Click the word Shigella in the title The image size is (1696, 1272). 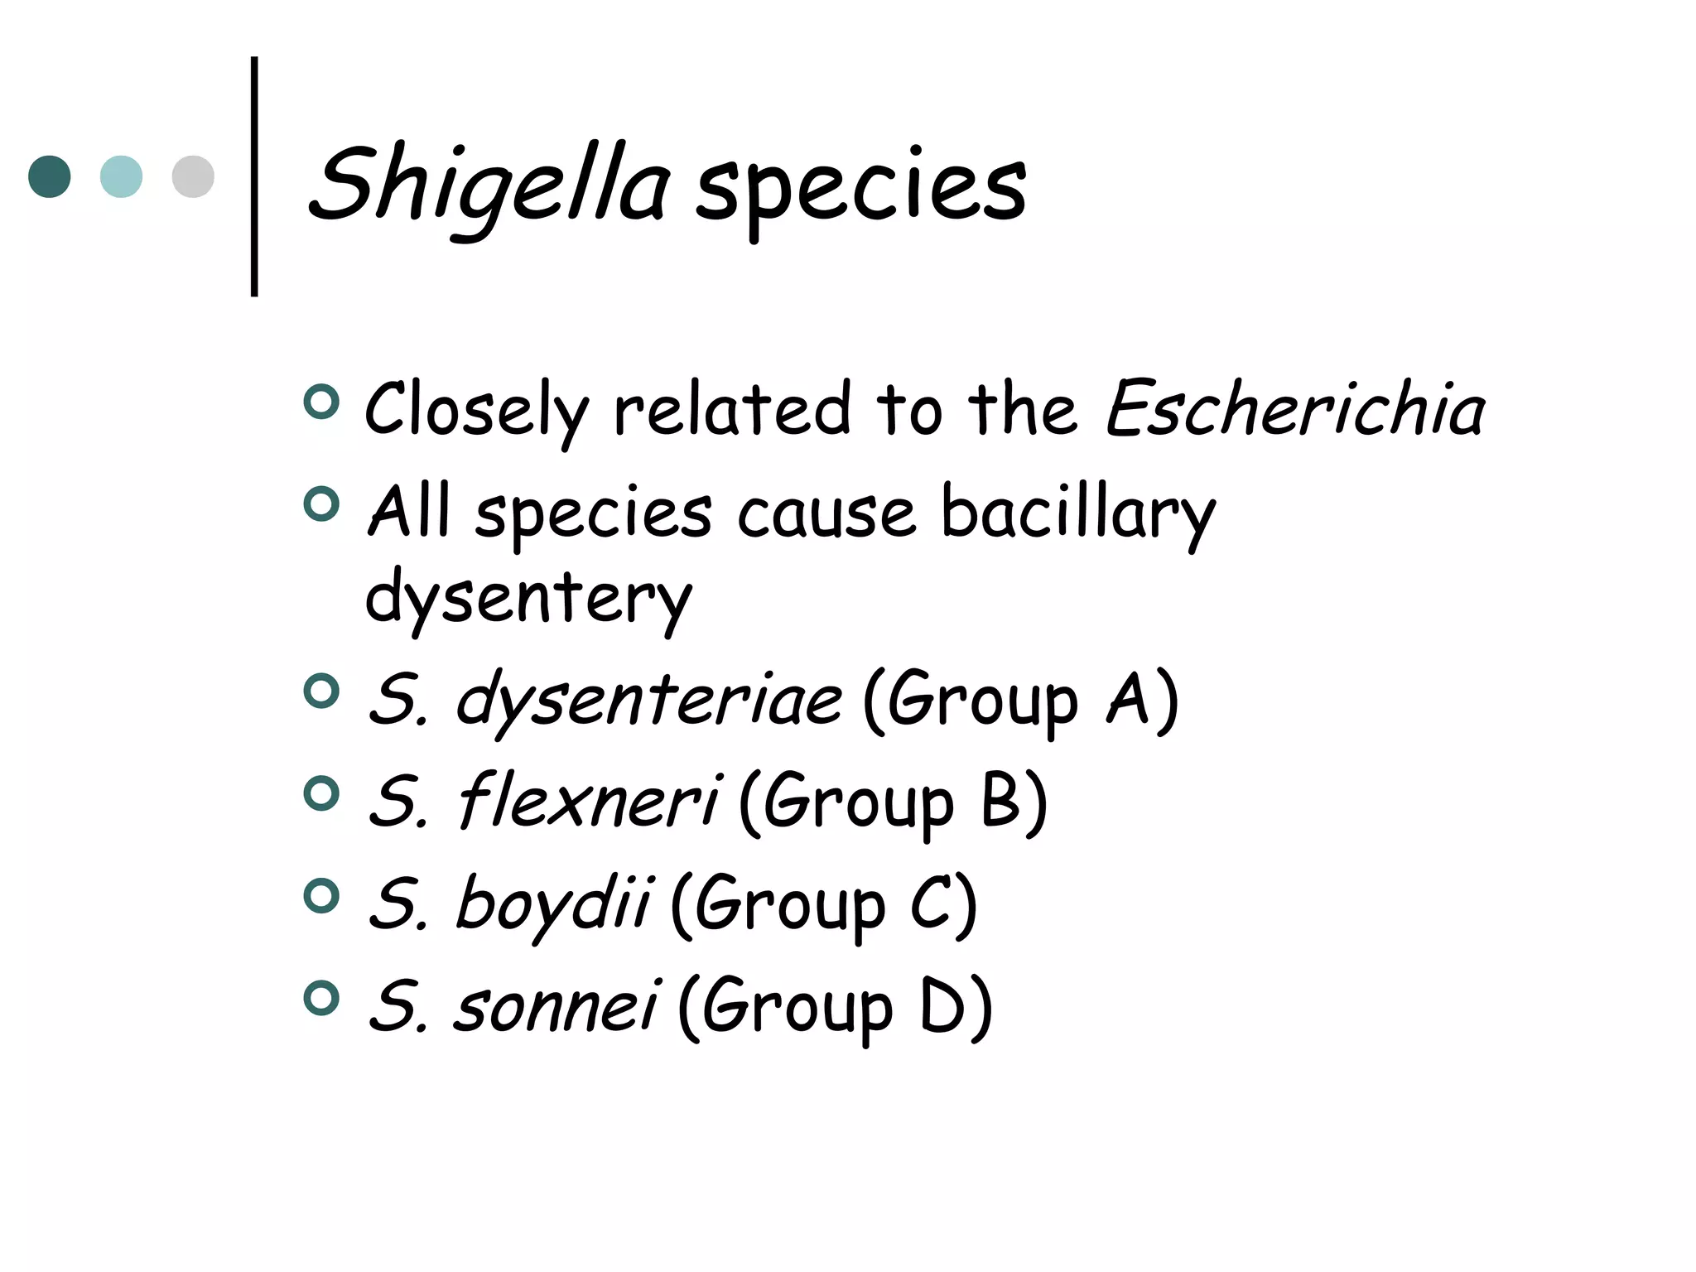(x=489, y=187)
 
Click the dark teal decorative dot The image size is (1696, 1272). (x=50, y=176)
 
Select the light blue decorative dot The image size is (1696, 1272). (x=121, y=176)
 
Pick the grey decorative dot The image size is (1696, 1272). (x=193, y=176)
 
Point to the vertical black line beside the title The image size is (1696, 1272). (x=254, y=176)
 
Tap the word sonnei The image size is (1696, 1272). (x=556, y=1007)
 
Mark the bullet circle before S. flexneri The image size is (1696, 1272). (x=322, y=794)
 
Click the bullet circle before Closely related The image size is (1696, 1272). (x=322, y=402)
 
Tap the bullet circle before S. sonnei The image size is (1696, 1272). (x=322, y=998)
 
